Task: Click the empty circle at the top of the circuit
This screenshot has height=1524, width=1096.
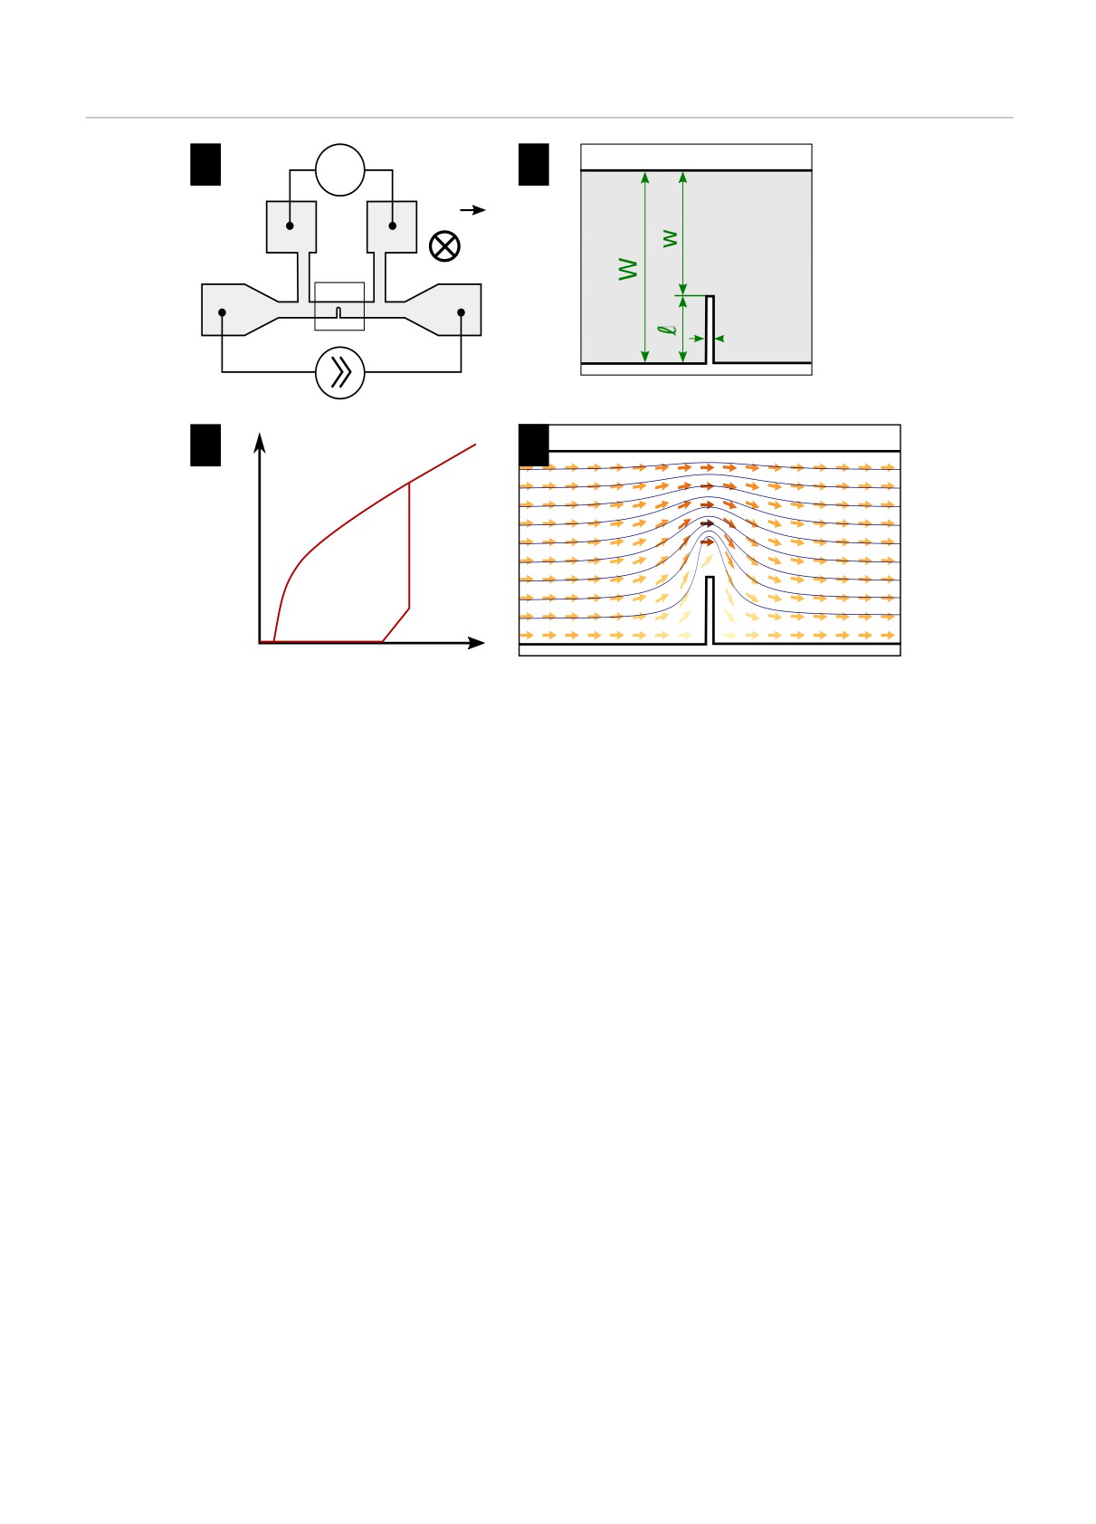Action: tap(340, 170)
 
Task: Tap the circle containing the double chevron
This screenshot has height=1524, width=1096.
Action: tap(340, 373)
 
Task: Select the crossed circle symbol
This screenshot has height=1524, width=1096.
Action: tap(444, 246)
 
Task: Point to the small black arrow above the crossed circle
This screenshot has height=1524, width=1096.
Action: tap(472, 210)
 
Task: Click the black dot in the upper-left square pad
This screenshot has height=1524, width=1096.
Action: tap(290, 225)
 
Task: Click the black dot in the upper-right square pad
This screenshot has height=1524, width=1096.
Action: tap(392, 225)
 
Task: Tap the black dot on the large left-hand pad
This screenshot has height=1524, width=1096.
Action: tap(222, 312)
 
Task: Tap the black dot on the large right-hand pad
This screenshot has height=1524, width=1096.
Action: tap(461, 312)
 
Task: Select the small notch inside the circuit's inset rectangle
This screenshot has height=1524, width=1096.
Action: tap(338, 313)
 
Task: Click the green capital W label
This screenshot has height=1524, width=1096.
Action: tap(628, 269)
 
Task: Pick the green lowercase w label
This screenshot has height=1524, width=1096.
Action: tap(670, 239)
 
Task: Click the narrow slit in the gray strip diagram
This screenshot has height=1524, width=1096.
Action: tap(710, 330)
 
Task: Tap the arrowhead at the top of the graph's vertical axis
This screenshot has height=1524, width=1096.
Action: tap(259, 443)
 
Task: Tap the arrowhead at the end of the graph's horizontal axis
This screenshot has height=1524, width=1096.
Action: tap(476, 643)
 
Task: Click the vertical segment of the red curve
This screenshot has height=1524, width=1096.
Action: tap(409, 546)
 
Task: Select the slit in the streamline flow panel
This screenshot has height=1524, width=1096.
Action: tap(710, 610)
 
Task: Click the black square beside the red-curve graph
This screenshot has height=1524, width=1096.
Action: tap(205, 446)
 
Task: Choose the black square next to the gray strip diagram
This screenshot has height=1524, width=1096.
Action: tap(534, 165)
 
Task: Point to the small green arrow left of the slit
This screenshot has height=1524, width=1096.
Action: tap(696, 338)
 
